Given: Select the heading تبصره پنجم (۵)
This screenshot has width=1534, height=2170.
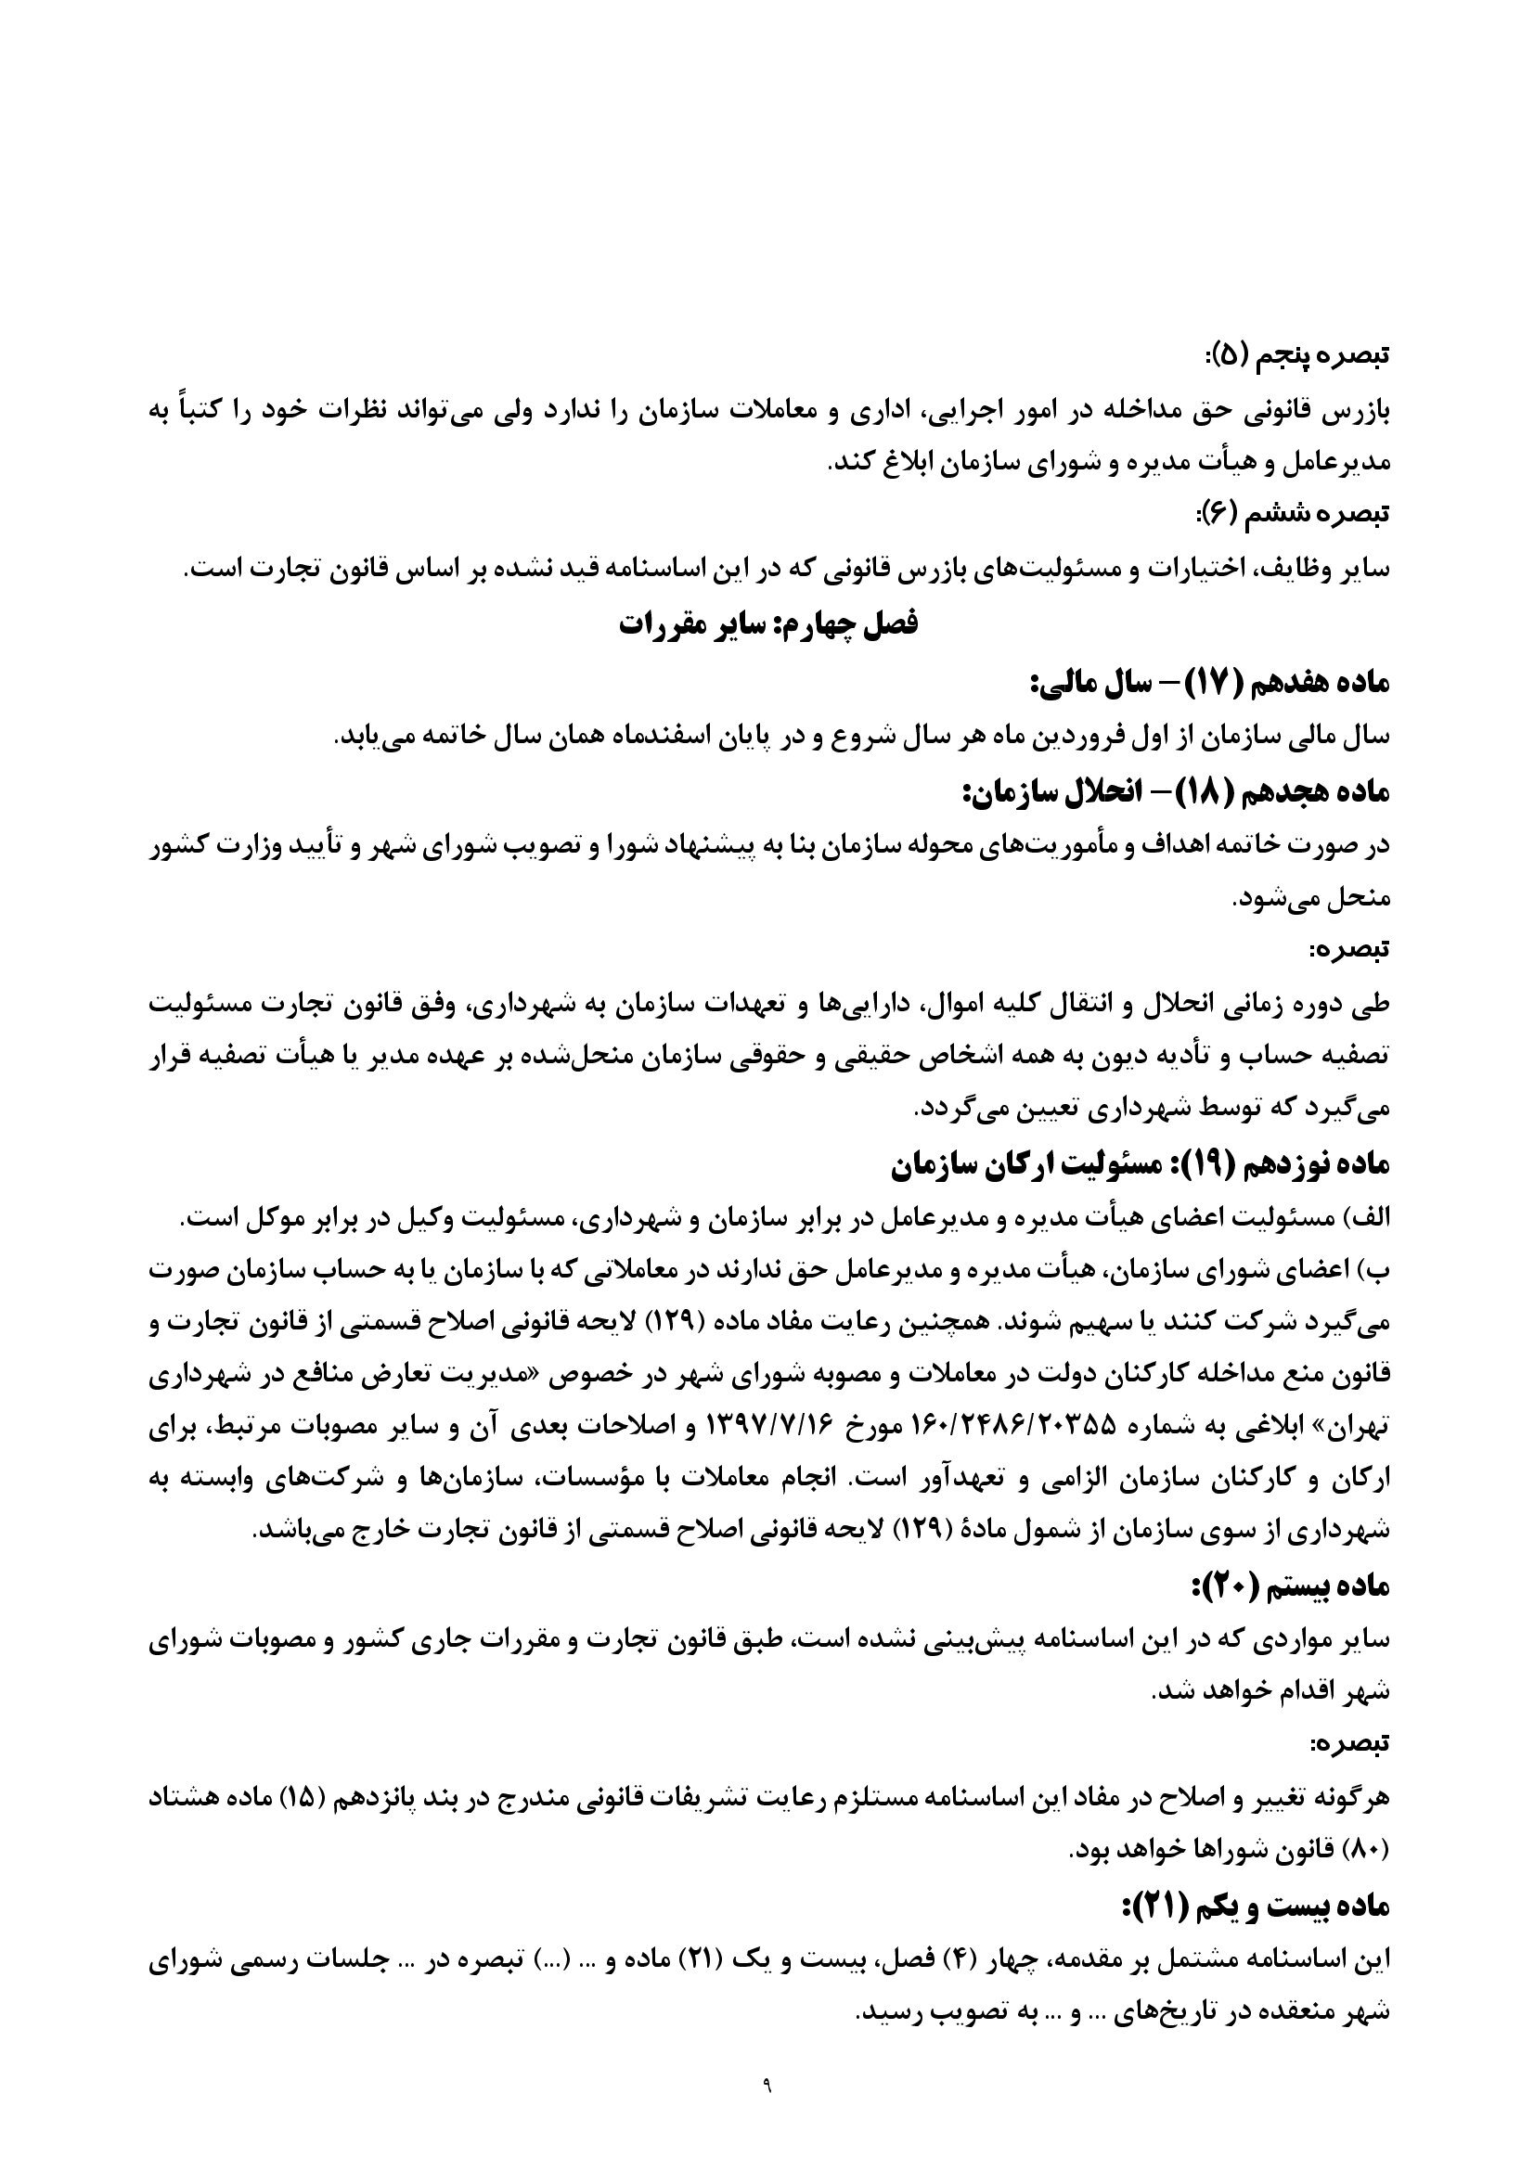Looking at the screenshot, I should click(1292, 356).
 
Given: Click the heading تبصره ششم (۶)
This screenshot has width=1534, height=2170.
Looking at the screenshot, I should click(1292, 515).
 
